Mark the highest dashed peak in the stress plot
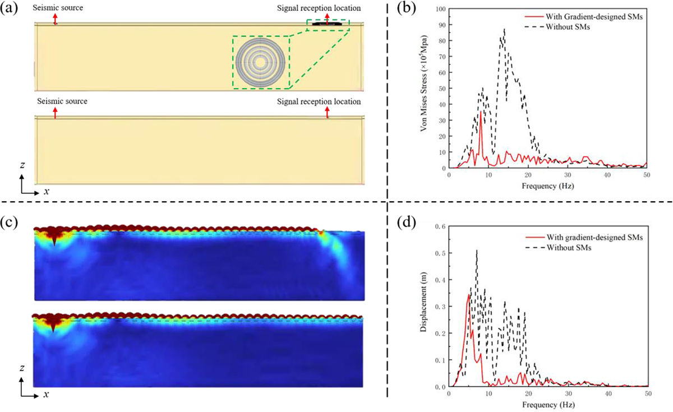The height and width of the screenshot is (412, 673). pos(504,29)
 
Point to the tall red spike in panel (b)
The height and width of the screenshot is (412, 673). pos(481,112)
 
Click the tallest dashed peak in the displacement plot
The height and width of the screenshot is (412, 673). pos(476,251)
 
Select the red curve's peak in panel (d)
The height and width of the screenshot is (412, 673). pos(469,294)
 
